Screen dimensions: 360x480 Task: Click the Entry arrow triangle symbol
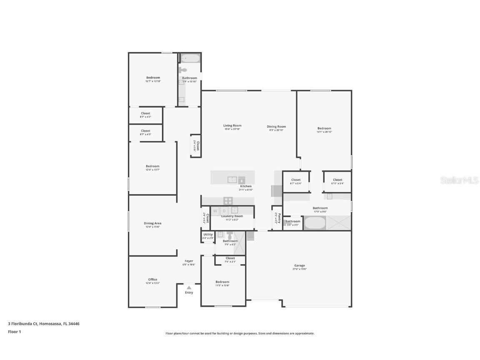click(189, 287)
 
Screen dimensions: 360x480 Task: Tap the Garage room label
click(300, 265)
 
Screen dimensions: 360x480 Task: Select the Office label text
click(152, 280)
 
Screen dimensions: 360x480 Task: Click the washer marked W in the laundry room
click(215, 211)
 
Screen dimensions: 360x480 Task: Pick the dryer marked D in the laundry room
click(224, 211)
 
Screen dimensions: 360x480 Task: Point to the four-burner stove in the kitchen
click(228, 200)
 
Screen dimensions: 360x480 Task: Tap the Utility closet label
click(208, 235)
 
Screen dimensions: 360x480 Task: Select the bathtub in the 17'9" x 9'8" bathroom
click(314, 223)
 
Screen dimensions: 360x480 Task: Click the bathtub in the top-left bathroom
click(190, 58)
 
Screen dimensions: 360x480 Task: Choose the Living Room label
click(232, 125)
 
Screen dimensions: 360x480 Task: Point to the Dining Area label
click(152, 223)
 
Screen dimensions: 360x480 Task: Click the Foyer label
click(189, 261)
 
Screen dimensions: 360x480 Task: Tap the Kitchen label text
click(245, 186)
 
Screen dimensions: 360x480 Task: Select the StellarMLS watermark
click(459, 180)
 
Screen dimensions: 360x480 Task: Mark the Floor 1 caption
click(14, 332)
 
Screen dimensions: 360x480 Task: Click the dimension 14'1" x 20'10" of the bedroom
click(324, 132)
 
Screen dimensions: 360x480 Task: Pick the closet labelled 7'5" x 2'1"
click(230, 260)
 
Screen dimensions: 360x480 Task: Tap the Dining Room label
click(276, 127)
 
